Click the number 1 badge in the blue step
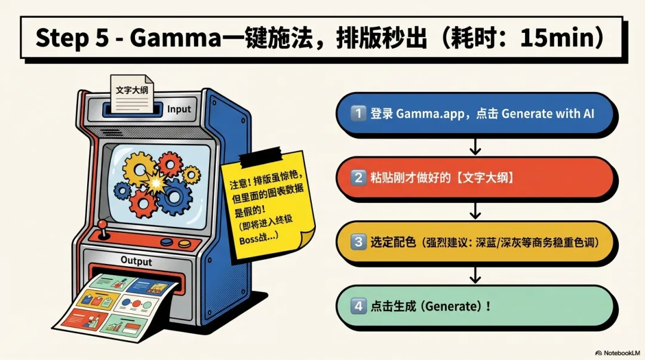[358, 113]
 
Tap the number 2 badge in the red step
[358, 177]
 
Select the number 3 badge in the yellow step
[358, 242]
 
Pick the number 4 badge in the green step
[358, 306]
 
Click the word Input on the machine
[179, 109]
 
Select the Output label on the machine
[136, 261]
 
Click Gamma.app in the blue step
[429, 113]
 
